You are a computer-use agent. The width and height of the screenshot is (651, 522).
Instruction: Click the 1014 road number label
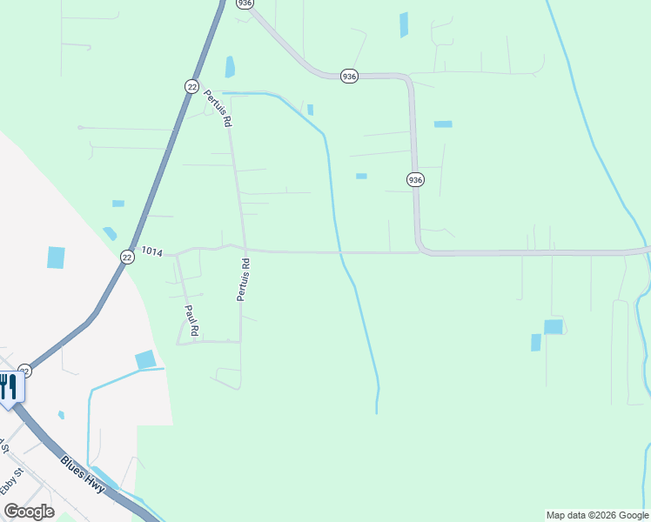pos(151,252)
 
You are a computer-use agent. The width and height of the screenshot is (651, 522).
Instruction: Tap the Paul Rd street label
pos(191,320)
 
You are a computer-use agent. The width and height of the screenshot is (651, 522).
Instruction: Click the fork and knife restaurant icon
pos(9,385)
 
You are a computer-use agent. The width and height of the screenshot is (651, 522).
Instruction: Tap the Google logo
pos(29,512)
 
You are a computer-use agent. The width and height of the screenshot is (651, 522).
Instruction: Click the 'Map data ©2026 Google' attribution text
pos(597,515)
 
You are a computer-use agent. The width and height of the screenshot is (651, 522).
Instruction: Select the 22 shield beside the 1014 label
pos(127,257)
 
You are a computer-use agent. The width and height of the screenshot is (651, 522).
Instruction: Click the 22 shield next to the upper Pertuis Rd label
pos(191,85)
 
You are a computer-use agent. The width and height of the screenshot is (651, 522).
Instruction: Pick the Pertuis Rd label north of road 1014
pos(218,108)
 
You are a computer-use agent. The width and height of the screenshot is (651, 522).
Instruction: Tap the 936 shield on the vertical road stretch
pos(415,179)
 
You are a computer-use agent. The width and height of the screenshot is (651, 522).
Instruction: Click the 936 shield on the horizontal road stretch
pos(349,77)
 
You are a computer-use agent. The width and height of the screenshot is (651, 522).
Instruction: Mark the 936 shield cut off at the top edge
pos(245,3)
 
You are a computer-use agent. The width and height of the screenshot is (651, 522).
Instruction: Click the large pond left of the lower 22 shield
pos(56,257)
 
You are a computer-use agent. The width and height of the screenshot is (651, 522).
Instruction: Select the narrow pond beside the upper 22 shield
pos(230,67)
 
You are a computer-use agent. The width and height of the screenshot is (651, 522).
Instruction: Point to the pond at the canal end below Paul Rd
pos(145,359)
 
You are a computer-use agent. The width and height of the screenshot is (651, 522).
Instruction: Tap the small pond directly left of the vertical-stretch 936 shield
pos(361,177)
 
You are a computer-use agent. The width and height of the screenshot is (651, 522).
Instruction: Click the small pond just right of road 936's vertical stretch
pos(443,124)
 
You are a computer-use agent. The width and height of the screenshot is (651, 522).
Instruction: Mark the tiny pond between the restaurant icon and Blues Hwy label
pos(60,415)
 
